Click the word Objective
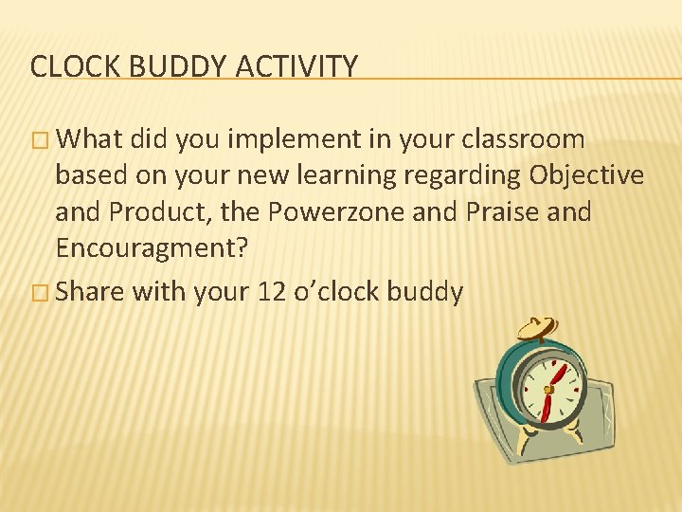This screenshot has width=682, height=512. click(x=587, y=175)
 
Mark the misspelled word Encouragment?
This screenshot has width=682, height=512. click(x=152, y=248)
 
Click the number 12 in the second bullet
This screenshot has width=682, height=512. click(x=270, y=292)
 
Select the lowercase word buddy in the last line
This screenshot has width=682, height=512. click(x=429, y=292)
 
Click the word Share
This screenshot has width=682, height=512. click(x=91, y=292)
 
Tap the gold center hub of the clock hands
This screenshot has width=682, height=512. click(x=547, y=390)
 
